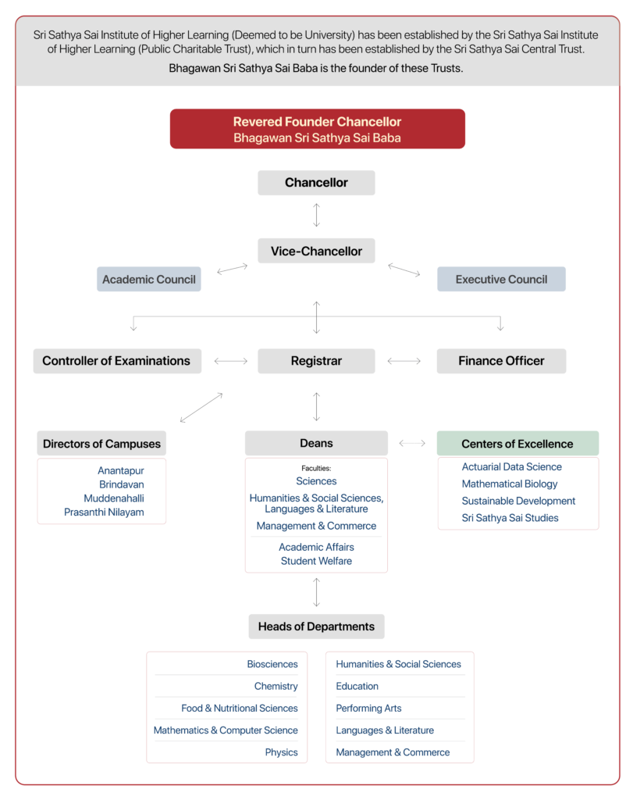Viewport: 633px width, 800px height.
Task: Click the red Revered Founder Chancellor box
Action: click(x=317, y=129)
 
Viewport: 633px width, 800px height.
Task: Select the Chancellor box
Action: click(x=316, y=183)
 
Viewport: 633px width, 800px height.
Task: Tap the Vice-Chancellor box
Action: click(x=316, y=251)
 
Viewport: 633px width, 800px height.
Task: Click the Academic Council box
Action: click(x=149, y=279)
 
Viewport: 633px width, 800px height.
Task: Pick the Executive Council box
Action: click(x=501, y=279)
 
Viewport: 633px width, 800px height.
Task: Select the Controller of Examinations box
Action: click(x=116, y=361)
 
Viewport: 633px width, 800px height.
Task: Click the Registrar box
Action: click(x=316, y=361)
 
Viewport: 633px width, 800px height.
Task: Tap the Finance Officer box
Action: click(x=501, y=361)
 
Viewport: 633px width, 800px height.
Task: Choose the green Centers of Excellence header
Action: click(x=517, y=444)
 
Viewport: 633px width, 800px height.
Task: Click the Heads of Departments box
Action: click(x=316, y=627)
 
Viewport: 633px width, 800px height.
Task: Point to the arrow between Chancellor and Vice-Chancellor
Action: click(x=316, y=215)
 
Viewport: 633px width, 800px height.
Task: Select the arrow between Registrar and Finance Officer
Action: click(x=404, y=361)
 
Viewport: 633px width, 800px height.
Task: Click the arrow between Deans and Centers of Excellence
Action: click(x=412, y=443)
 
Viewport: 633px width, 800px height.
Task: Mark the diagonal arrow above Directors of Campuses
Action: click(x=201, y=408)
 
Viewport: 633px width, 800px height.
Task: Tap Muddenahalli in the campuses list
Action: click(x=114, y=498)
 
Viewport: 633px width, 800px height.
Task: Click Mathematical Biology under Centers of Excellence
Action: click(x=510, y=484)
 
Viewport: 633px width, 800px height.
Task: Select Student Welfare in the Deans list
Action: click(x=316, y=561)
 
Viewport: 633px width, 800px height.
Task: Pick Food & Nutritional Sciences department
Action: click(x=240, y=708)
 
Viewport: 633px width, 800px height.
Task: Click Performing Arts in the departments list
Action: click(x=368, y=708)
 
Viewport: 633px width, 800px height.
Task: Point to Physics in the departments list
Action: click(x=281, y=752)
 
